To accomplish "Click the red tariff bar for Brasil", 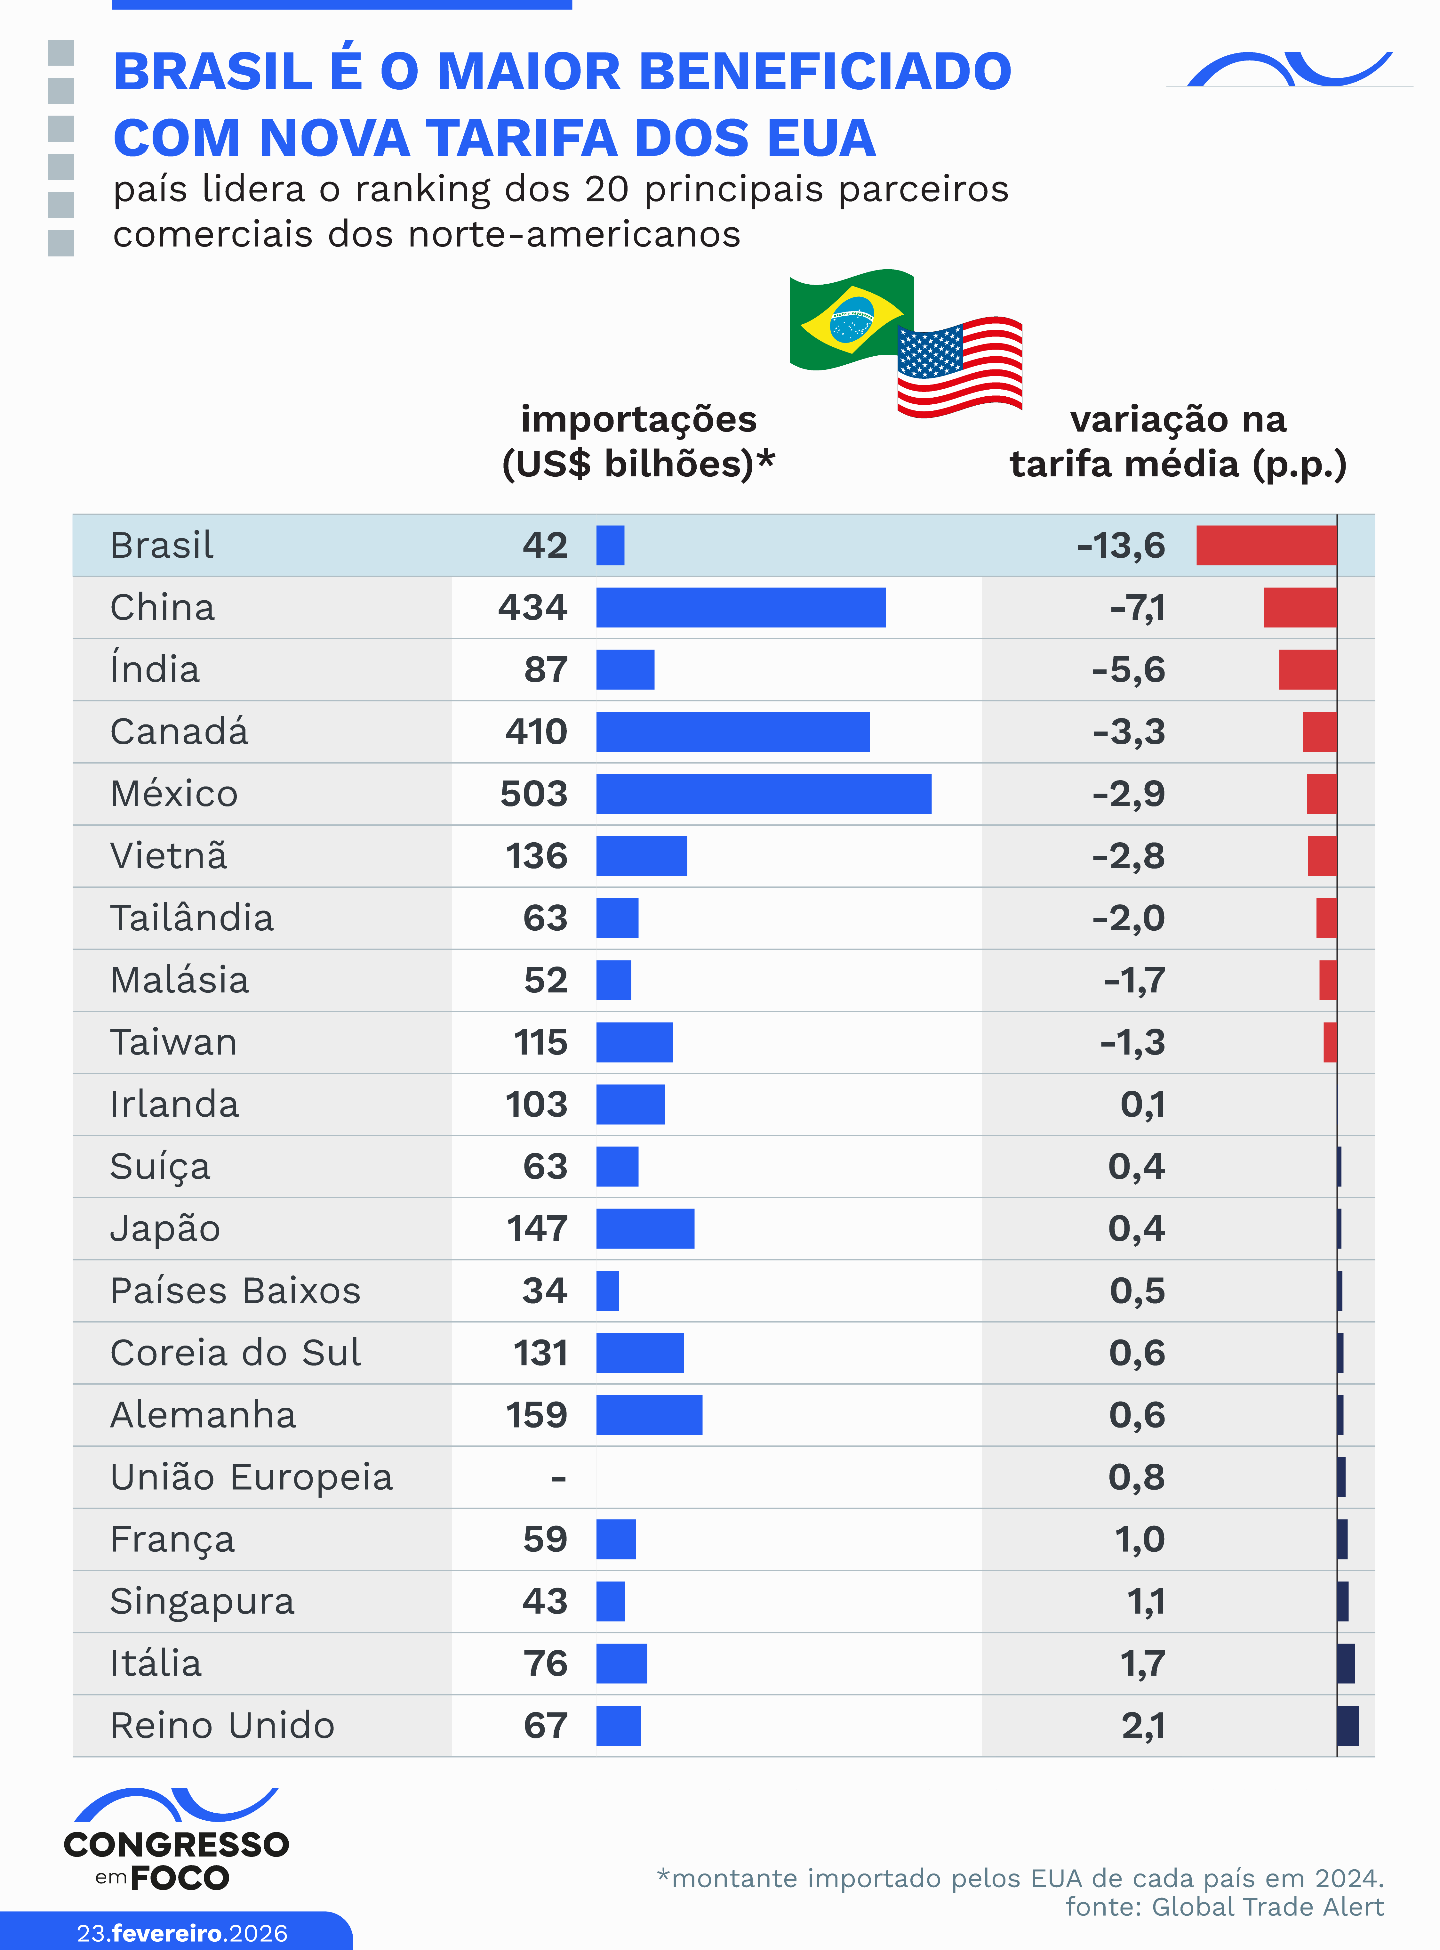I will point(1266,545).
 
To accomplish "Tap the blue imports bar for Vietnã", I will point(641,855).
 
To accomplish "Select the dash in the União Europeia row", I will point(558,1477).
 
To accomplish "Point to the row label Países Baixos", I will point(235,1291).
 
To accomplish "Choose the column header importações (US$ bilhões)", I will point(638,441).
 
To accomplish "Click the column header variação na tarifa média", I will point(1178,441).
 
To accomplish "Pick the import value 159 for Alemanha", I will point(536,1414).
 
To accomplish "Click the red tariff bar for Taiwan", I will point(1329,1042).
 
